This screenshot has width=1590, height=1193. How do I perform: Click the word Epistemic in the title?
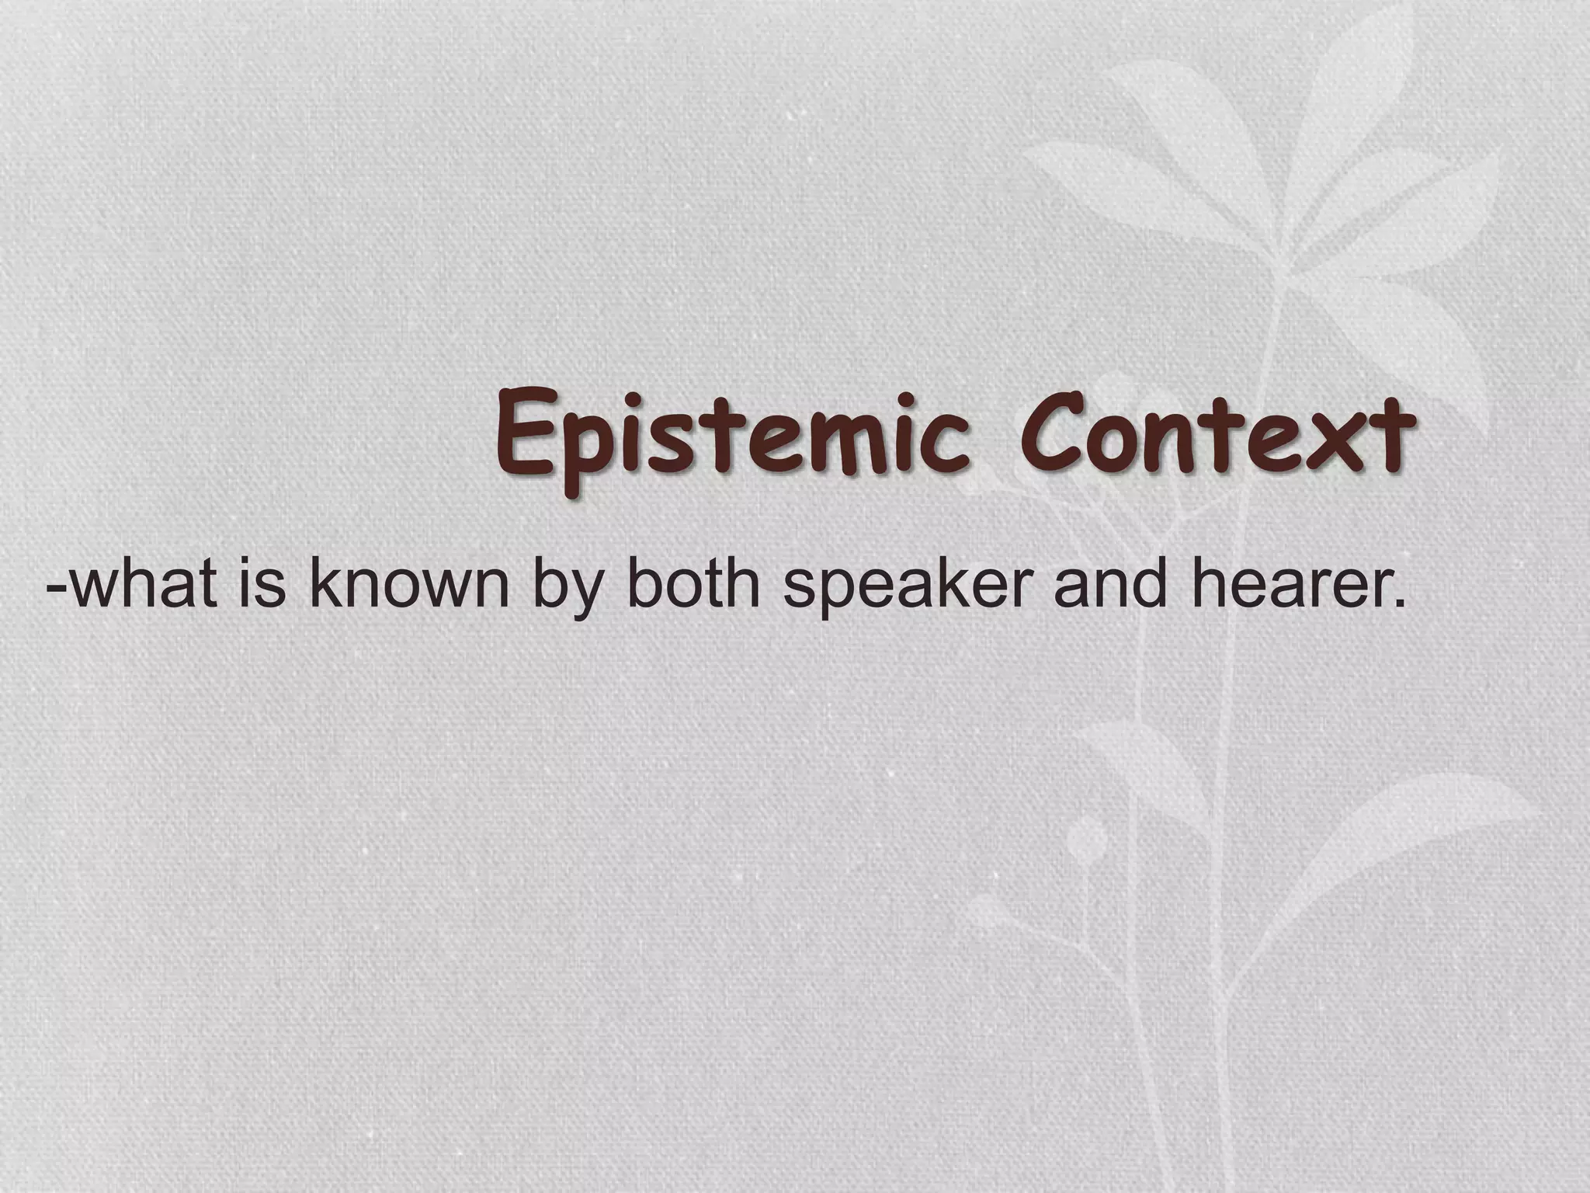coord(734,439)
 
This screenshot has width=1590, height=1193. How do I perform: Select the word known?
coord(409,584)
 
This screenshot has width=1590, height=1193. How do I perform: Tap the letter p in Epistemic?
coord(578,454)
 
